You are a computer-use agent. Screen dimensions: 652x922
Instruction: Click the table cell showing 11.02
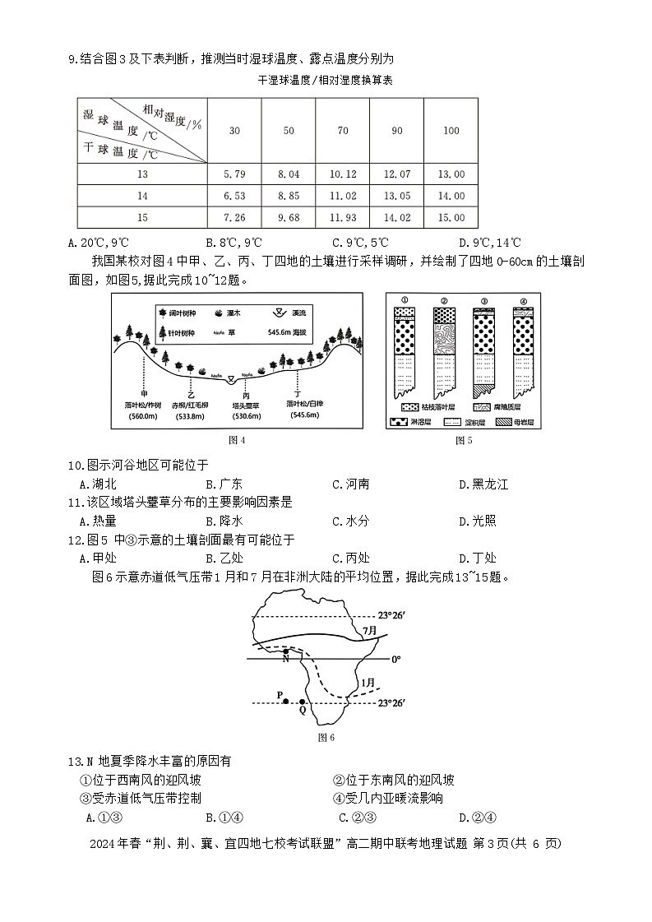point(342,196)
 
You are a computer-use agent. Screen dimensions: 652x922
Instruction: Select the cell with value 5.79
point(234,174)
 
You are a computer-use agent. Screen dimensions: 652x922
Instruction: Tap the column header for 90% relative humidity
point(396,131)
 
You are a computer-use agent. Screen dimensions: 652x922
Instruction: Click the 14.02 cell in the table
point(396,218)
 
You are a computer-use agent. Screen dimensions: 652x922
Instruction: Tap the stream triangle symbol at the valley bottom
point(231,378)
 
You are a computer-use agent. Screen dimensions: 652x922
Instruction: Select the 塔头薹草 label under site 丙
point(246,405)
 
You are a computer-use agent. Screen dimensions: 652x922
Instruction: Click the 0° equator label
point(395,659)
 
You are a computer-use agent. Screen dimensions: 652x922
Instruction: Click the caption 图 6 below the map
point(326,737)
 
